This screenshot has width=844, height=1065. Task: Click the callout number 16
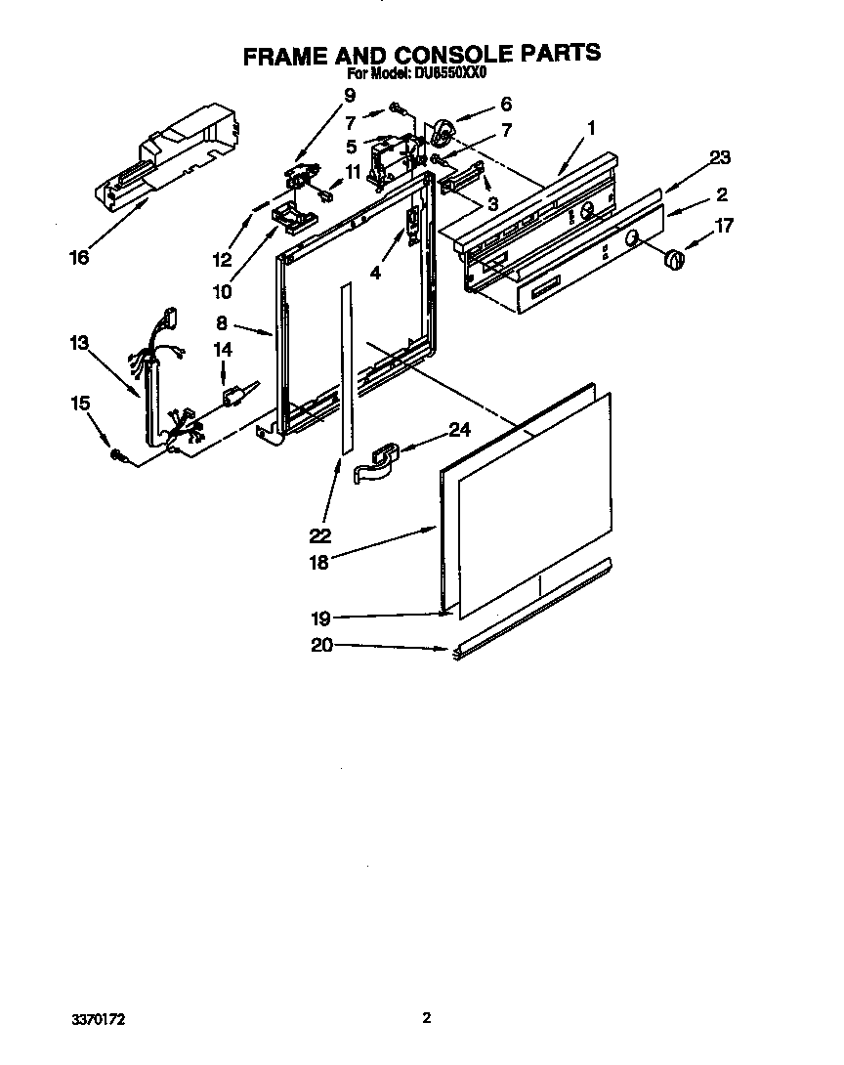tap(79, 257)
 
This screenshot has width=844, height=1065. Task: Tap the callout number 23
tap(720, 157)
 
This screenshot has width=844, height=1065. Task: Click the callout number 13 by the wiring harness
tap(79, 343)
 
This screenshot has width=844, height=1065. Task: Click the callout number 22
tap(319, 534)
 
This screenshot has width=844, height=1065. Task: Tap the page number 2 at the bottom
tap(426, 1018)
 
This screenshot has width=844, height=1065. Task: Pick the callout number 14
tap(223, 349)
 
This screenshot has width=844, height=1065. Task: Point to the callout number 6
tap(505, 104)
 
